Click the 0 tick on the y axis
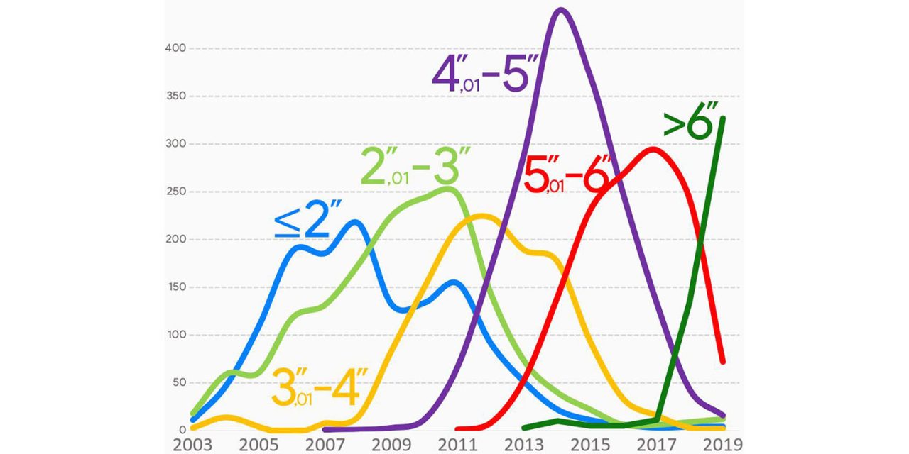pos(183,430)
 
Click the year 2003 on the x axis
pos(192,445)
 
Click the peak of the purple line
pos(561,9)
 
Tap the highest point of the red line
pos(651,149)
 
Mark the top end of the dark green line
pos(723,118)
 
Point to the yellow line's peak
pos(481,216)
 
